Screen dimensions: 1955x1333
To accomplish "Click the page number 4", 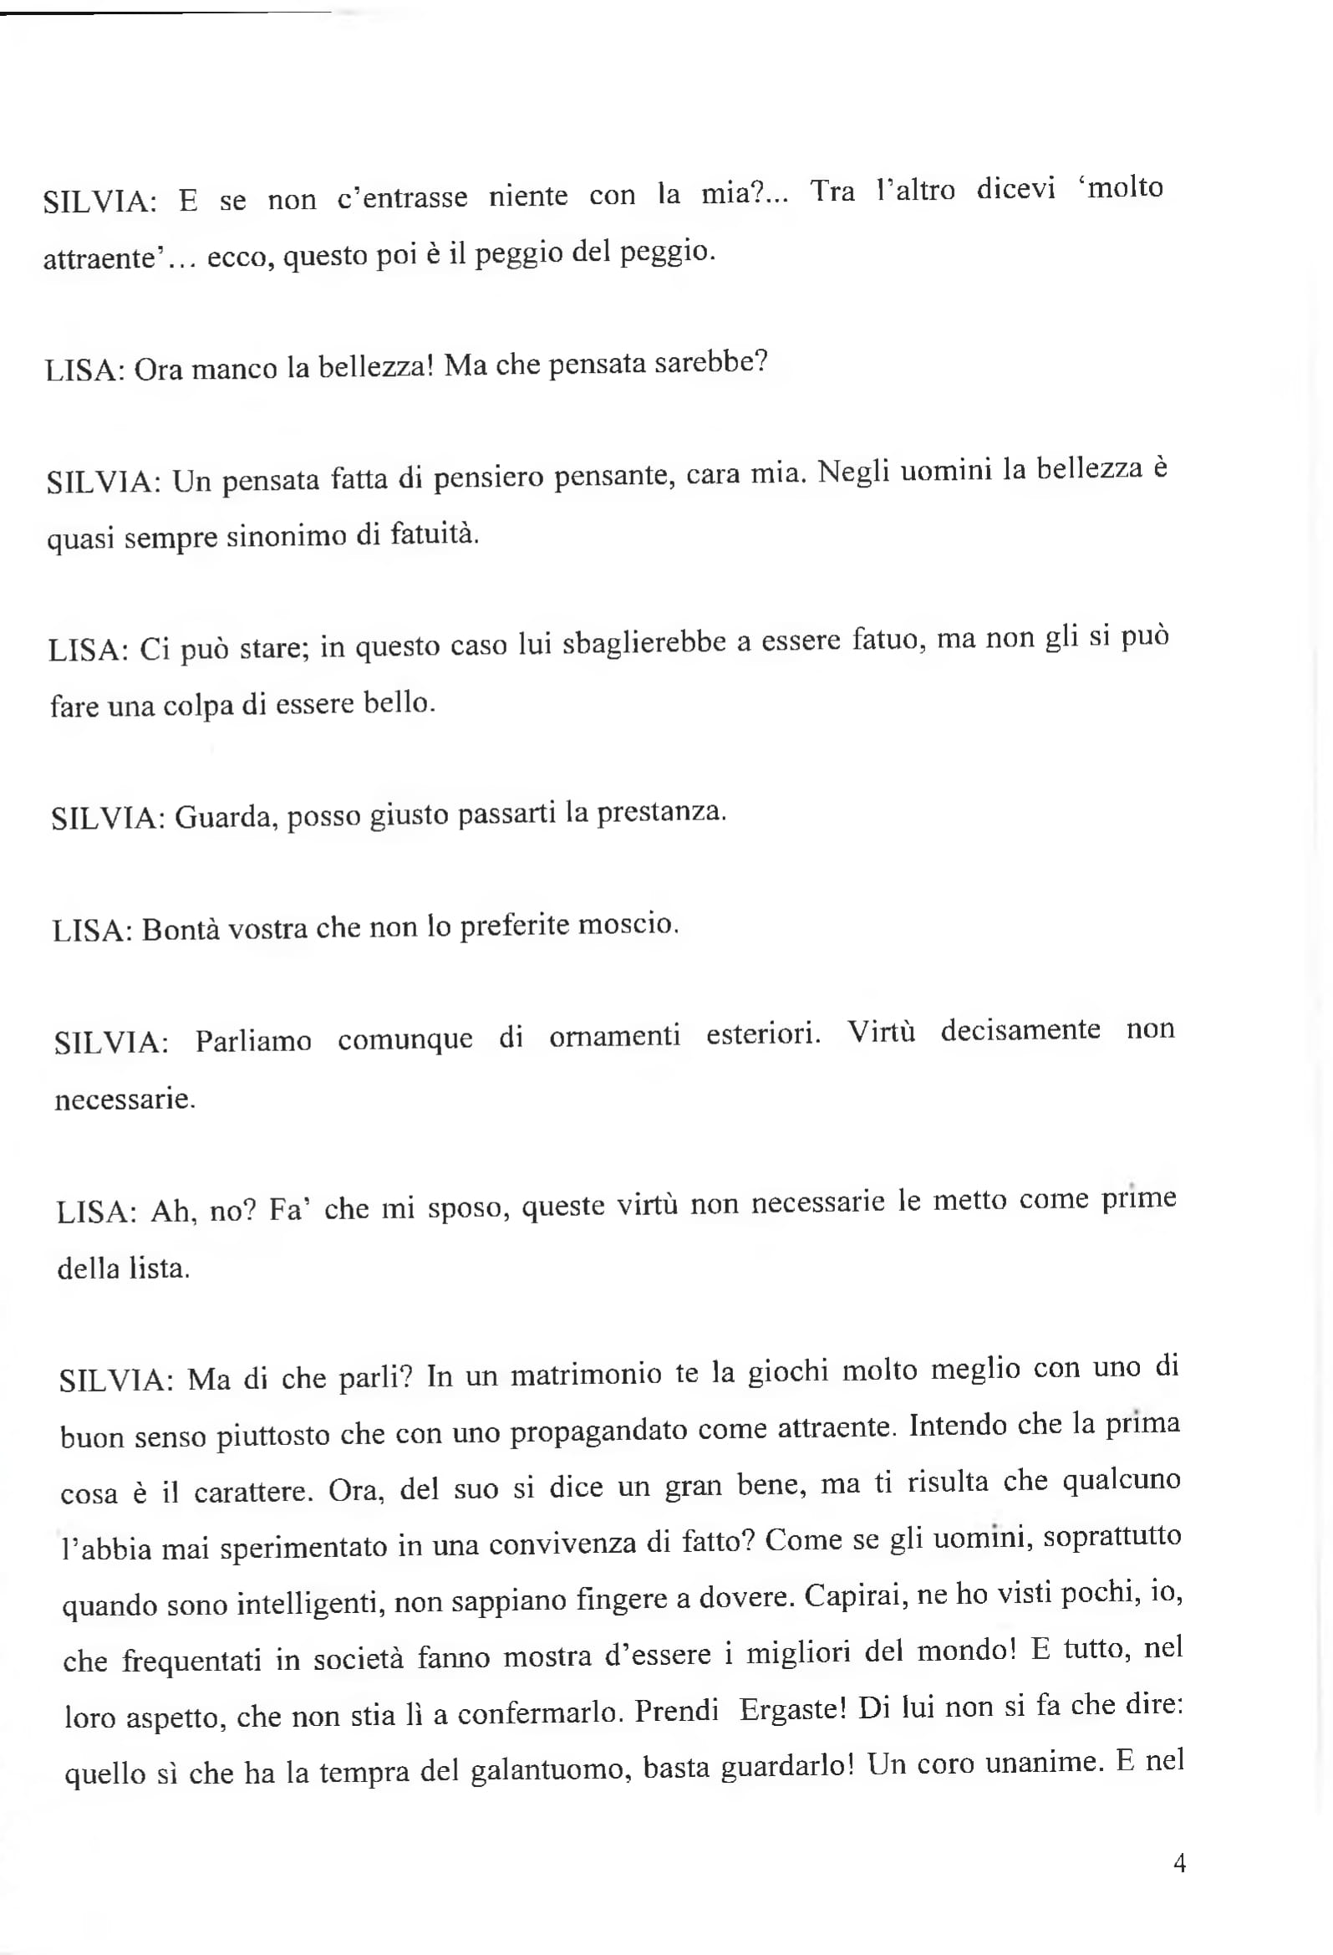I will pos(1179,1863).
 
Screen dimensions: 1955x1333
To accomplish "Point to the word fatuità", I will pos(434,533).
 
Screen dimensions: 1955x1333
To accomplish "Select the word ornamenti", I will pos(614,1035).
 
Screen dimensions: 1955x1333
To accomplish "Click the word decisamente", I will pos(1020,1029).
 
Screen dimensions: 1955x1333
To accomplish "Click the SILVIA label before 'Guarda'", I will pos(108,819).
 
